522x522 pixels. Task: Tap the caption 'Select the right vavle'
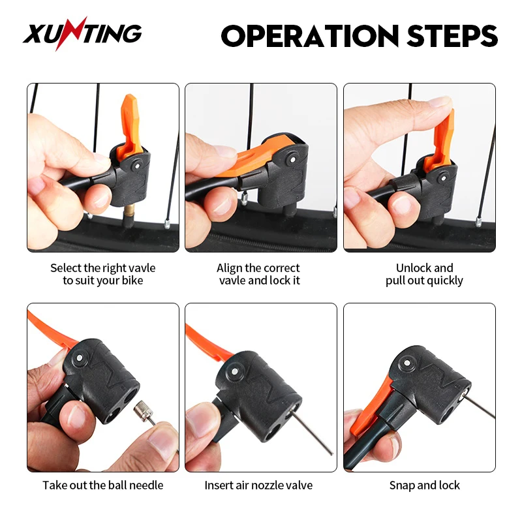coord(103,268)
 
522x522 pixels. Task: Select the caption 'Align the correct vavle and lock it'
coord(260,274)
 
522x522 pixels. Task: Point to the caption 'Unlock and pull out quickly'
coord(424,274)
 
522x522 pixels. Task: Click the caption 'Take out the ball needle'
coord(103,485)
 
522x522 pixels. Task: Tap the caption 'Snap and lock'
coord(424,485)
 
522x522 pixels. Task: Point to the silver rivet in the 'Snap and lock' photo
coord(407,362)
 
